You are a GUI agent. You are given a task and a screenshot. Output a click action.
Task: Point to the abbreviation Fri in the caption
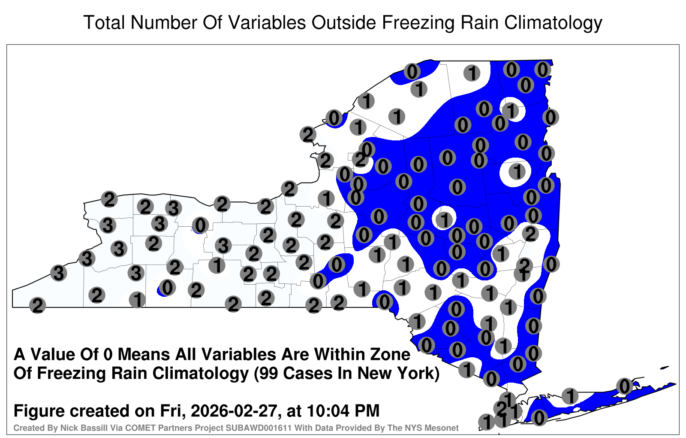pyautogui.click(x=176, y=411)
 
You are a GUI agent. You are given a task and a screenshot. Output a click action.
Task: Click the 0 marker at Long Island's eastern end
pyautogui.click(x=624, y=386)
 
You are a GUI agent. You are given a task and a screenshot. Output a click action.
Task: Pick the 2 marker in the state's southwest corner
pyautogui.click(x=37, y=305)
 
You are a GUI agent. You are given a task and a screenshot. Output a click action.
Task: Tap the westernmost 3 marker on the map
pyautogui.click(x=58, y=273)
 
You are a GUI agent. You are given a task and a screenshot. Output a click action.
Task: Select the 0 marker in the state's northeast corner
pyautogui.click(x=543, y=70)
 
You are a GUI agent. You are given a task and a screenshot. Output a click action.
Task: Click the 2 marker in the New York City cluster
pyautogui.click(x=501, y=408)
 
